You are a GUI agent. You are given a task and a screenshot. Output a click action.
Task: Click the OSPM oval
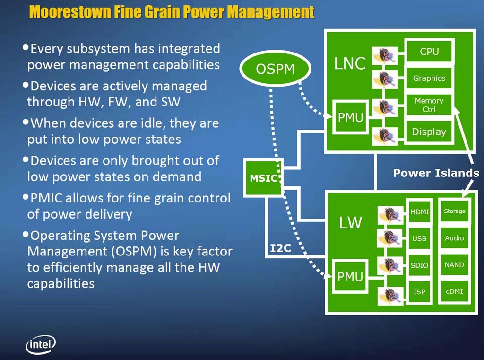click(276, 69)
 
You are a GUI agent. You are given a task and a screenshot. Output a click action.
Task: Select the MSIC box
click(263, 178)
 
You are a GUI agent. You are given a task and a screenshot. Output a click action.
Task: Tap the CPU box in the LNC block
click(429, 51)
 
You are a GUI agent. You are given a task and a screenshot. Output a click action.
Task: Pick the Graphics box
click(429, 78)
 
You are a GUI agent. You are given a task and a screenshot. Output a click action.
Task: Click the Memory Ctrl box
click(429, 105)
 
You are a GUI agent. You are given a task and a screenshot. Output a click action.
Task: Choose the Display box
click(429, 132)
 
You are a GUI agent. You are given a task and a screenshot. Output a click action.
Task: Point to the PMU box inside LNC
click(350, 117)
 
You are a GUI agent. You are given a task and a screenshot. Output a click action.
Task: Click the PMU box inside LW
click(350, 276)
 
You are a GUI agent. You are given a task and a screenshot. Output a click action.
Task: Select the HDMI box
click(420, 211)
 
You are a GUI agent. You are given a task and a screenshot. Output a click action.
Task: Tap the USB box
click(420, 238)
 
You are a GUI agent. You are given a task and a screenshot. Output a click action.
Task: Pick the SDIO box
click(420, 265)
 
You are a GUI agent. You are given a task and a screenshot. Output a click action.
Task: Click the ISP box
click(420, 292)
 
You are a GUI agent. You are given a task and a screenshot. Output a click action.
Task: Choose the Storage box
click(454, 211)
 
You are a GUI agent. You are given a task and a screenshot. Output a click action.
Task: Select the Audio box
click(454, 238)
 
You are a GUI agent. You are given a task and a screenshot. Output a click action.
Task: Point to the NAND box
click(454, 265)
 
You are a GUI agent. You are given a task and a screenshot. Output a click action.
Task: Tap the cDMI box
click(454, 291)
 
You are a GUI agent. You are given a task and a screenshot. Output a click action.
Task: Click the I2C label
click(281, 248)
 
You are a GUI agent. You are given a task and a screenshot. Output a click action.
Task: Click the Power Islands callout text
click(436, 173)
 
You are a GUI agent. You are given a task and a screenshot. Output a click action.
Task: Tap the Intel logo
click(41, 344)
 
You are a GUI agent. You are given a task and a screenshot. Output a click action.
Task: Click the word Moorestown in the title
click(70, 12)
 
